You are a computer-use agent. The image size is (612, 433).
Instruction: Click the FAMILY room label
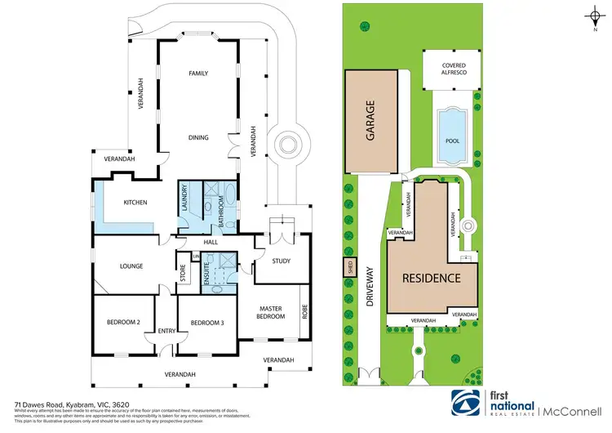198,74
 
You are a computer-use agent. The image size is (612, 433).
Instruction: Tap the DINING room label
198,138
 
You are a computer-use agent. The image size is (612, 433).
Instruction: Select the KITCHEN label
135,203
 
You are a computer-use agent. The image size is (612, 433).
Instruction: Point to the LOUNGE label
131,266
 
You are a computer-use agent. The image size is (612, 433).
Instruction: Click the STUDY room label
281,261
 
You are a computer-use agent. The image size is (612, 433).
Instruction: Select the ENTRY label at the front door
166,331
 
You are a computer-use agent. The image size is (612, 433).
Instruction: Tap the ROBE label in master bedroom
306,310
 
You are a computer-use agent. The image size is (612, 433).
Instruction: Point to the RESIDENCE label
431,278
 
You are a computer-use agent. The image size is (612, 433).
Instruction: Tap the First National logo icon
467,403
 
